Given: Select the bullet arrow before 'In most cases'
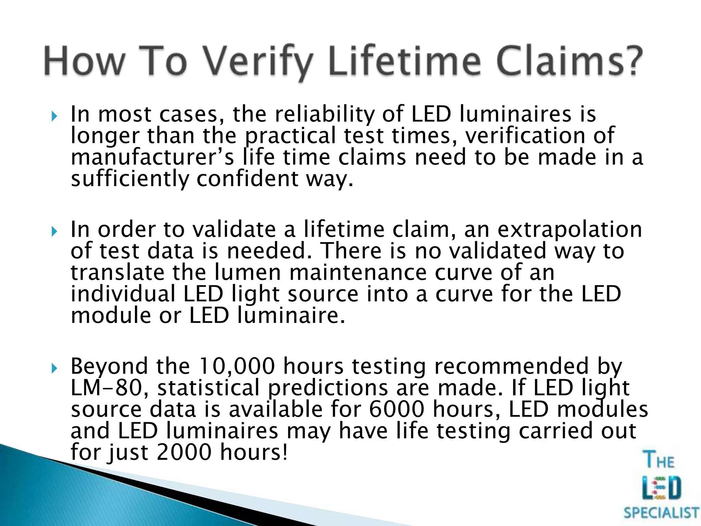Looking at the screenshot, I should pos(54,116).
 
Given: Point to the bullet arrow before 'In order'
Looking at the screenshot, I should pos(54,232).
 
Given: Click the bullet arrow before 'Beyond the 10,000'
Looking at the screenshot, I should pos(54,368).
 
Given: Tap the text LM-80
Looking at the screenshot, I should pos(106,388).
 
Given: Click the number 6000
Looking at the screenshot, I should pos(397,409).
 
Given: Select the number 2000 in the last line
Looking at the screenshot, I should pos(184,452).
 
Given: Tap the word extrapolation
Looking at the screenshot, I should pos(570,230).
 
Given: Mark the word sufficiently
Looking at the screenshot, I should pos(130,179).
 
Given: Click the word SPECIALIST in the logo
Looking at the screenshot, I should pos(661,513).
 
